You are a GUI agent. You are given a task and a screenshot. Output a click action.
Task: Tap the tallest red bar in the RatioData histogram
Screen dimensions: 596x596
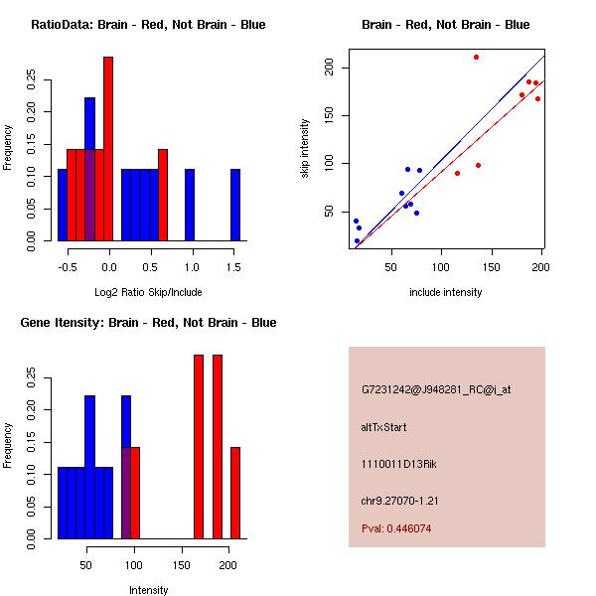[108, 149]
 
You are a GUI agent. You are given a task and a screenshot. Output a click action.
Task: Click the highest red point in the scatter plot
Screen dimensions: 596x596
[476, 57]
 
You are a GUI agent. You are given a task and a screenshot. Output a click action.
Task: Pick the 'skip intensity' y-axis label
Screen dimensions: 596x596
[306, 149]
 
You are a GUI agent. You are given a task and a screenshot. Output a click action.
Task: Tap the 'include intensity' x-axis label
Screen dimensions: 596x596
[445, 292]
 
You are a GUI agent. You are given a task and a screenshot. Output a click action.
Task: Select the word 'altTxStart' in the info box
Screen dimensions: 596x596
[383, 427]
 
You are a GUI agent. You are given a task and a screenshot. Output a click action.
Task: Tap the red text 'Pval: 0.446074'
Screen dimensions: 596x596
[396, 528]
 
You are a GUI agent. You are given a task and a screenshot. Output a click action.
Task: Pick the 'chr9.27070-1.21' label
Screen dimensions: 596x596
[400, 500]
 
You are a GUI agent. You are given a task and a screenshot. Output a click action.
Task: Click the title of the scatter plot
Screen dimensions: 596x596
[445, 25]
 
